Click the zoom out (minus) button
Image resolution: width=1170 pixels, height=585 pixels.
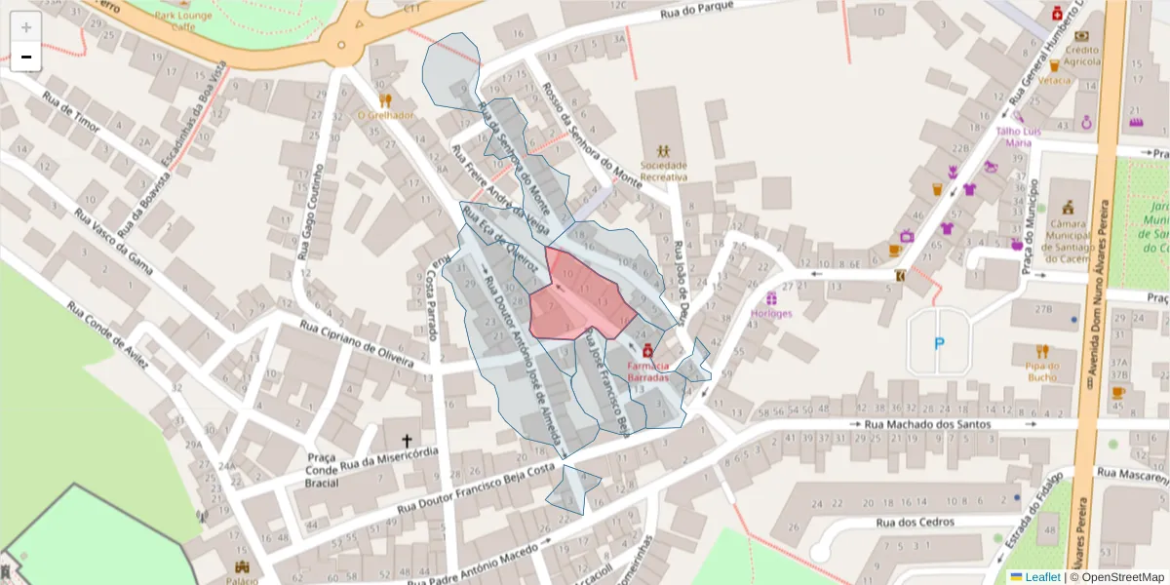tap(26, 57)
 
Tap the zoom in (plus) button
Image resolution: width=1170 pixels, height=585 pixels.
tap(26, 27)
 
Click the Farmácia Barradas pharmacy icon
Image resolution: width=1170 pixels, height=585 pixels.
tap(647, 349)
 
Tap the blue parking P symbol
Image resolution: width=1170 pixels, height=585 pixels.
tap(939, 342)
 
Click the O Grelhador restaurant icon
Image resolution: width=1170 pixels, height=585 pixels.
tap(385, 99)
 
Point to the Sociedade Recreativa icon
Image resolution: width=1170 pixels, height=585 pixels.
tap(664, 151)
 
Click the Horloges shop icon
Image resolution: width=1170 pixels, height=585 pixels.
tap(772, 298)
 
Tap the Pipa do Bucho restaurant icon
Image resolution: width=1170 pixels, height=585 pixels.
tap(1042, 351)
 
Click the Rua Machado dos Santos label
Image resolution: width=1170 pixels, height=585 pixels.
tap(927, 425)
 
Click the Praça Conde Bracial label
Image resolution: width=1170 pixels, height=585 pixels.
tap(321, 470)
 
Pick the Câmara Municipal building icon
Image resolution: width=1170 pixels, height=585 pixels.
tap(1069, 208)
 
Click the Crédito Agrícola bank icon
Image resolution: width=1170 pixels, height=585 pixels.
tap(1081, 36)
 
